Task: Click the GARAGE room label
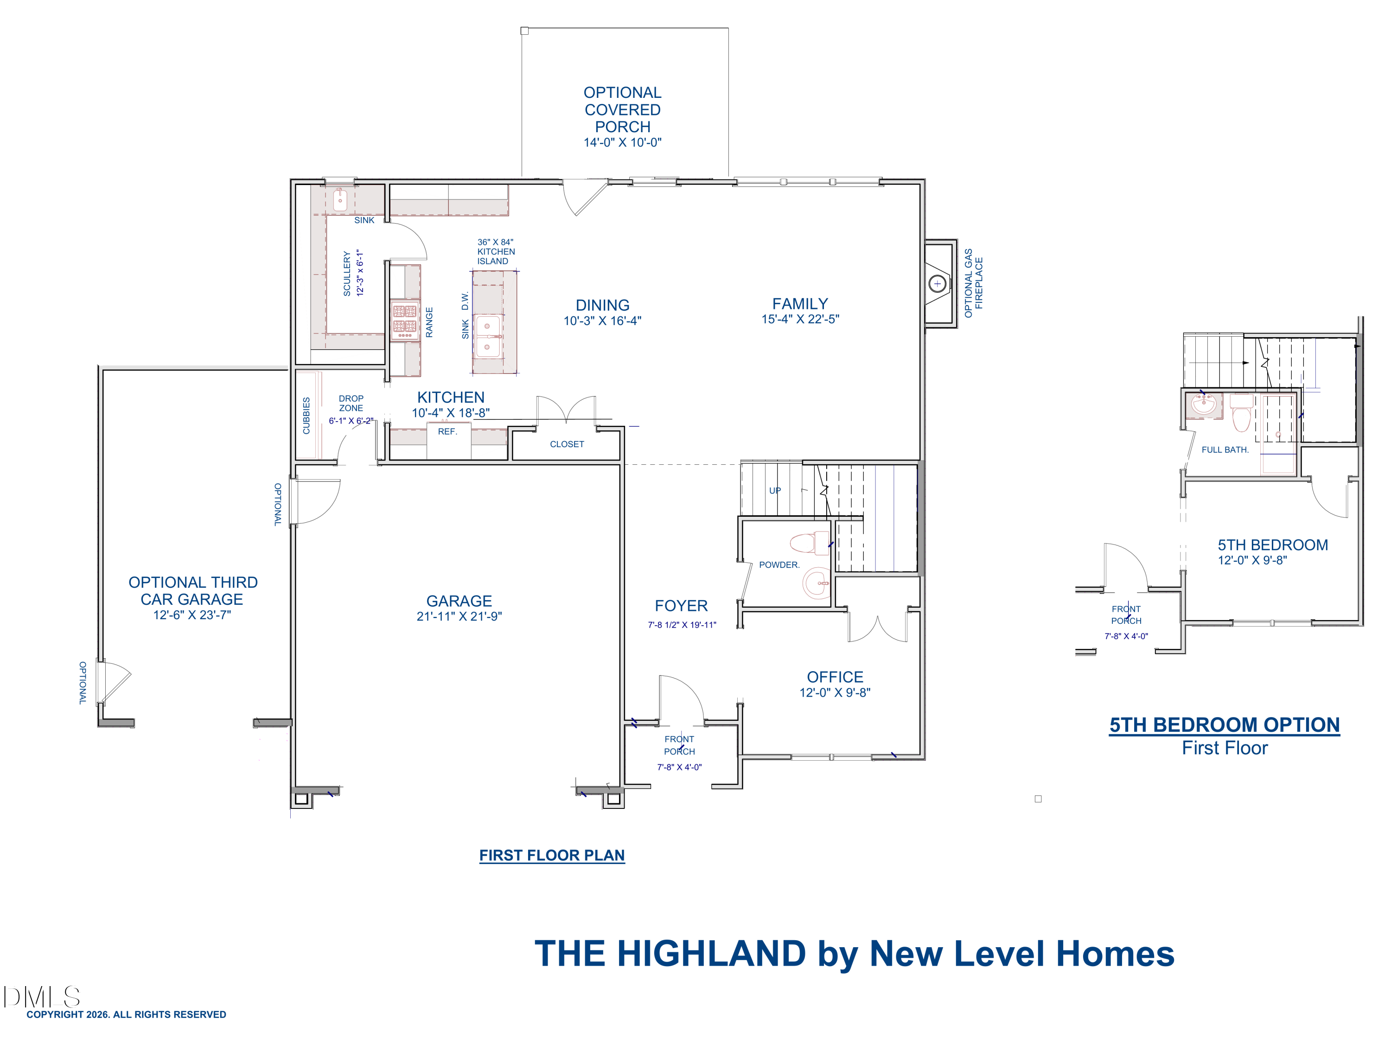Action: (459, 601)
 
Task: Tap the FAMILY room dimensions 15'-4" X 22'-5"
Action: (800, 320)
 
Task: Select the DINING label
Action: (602, 305)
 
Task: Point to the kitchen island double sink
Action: (488, 337)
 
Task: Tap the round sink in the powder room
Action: (817, 583)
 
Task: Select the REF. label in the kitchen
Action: (447, 431)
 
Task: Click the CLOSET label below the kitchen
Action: (567, 444)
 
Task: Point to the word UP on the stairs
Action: (775, 491)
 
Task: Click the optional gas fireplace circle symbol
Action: (937, 284)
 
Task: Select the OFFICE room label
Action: (835, 677)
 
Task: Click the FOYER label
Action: (681, 606)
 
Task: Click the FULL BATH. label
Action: (1225, 450)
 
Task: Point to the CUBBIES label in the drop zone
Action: (306, 416)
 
